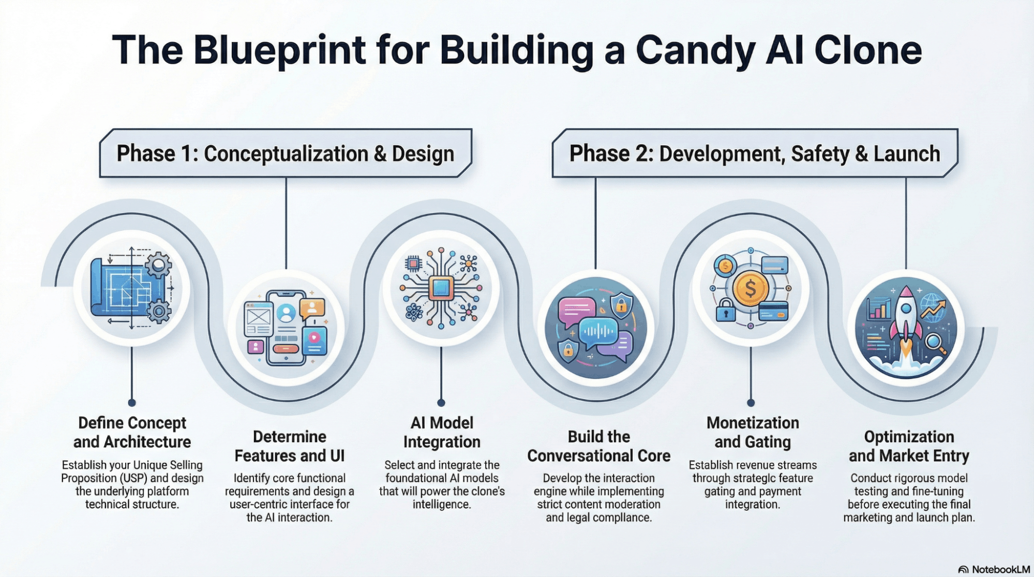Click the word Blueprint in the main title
(279, 50)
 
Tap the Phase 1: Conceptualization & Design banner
(286, 154)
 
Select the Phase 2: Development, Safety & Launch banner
(755, 154)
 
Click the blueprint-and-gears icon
(132, 288)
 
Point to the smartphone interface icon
(286, 327)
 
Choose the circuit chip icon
(441, 288)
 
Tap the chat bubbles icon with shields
(596, 328)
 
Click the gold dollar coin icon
(751, 288)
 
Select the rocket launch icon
(906, 328)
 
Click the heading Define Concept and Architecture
(132, 432)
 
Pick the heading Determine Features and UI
(289, 446)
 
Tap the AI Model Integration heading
(442, 432)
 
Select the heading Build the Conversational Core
(598, 446)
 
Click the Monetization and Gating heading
(753, 432)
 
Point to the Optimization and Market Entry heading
(909, 446)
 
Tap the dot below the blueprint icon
(132, 403)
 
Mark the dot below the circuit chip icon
(441, 403)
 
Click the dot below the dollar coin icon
(751, 403)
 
